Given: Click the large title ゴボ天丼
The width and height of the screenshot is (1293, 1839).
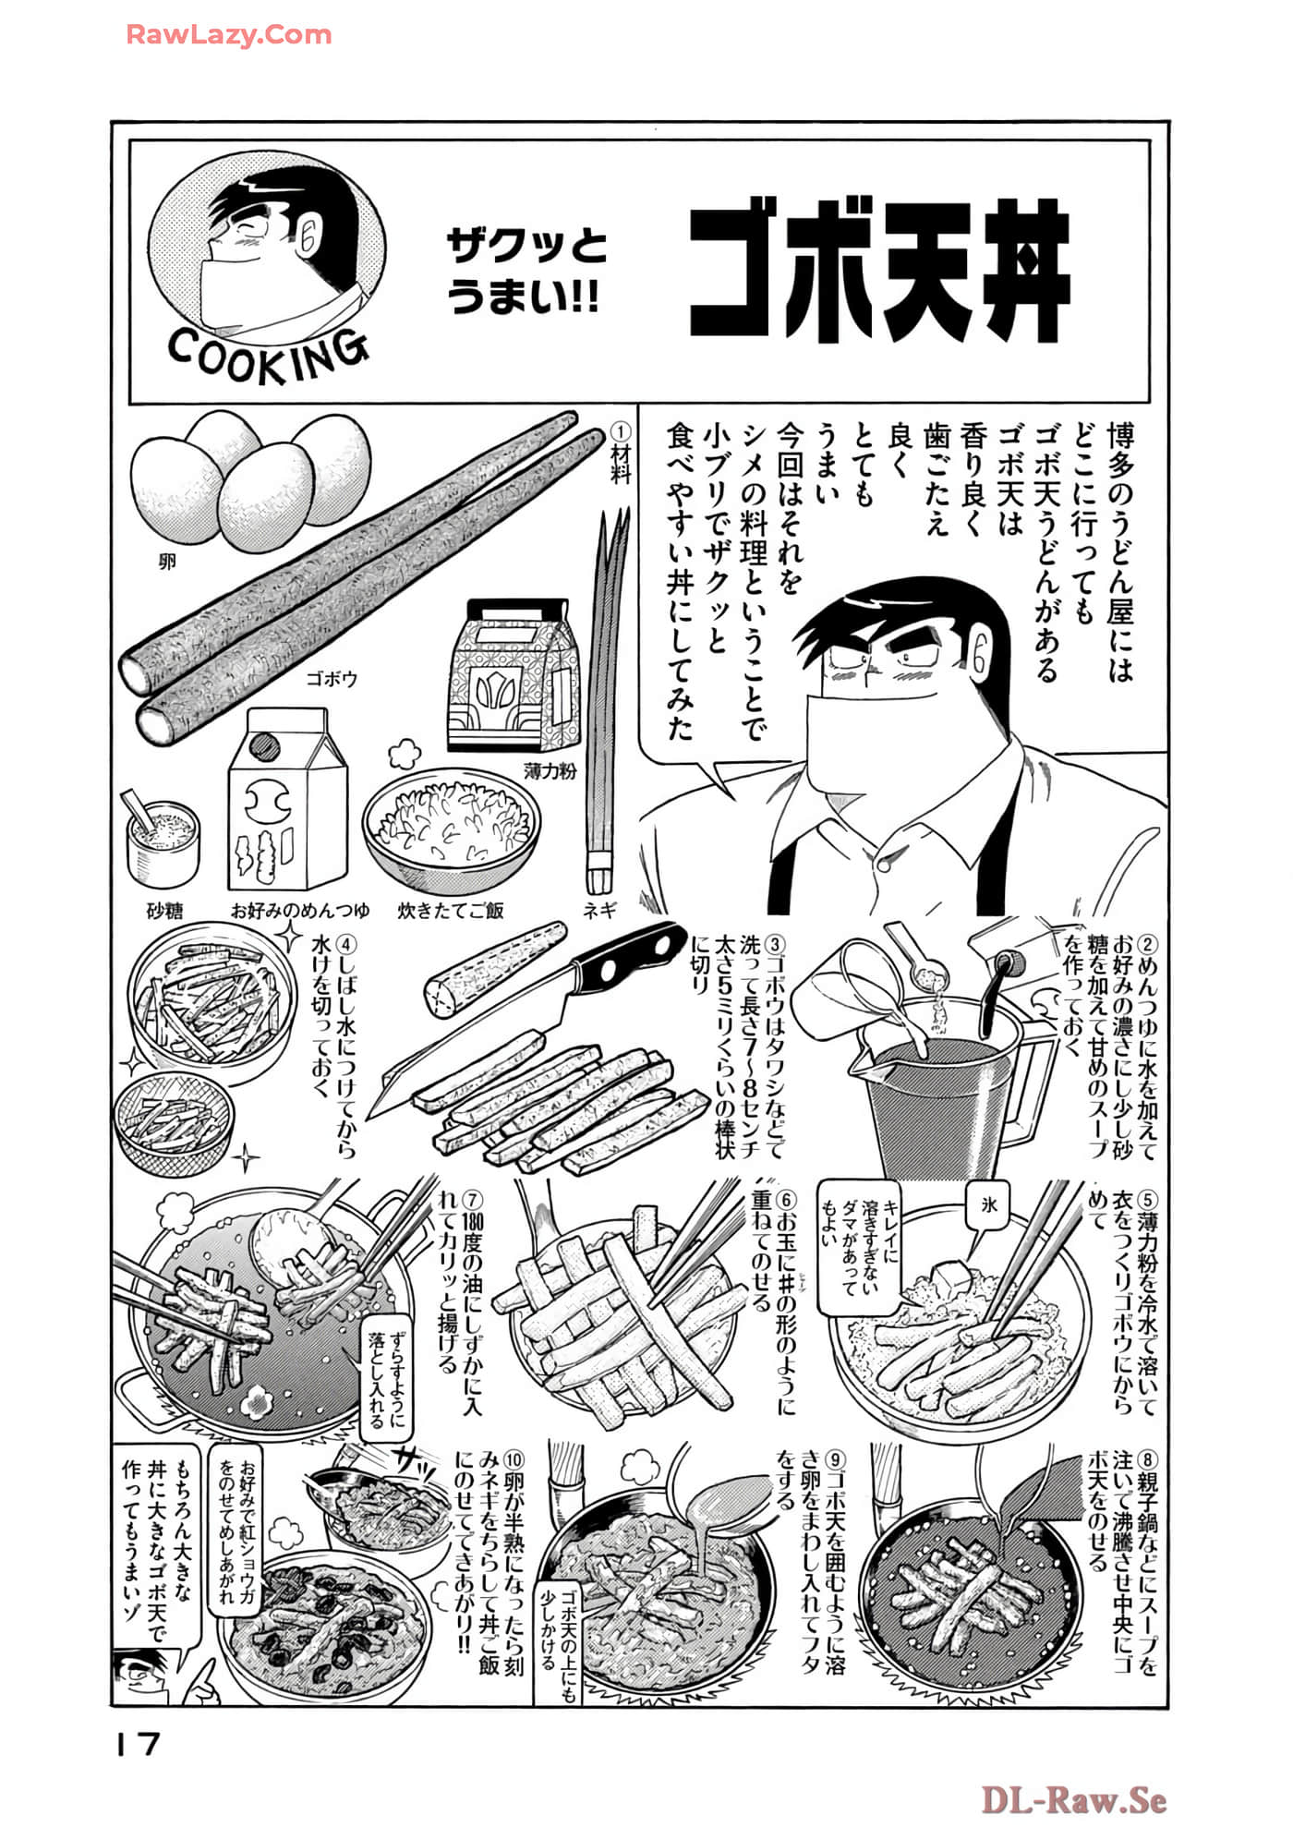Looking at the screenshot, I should click(879, 273).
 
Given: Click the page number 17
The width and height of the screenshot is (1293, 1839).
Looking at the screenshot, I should click(138, 1744).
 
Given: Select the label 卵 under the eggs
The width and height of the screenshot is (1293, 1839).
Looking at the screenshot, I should click(167, 562).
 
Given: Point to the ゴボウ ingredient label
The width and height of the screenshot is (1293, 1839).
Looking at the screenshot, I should click(332, 679).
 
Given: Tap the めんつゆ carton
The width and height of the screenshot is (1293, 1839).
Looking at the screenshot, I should click(286, 800).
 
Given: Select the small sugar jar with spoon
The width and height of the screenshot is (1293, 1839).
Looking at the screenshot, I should click(163, 841).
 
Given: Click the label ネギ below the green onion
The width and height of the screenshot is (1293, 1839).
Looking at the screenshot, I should click(598, 910).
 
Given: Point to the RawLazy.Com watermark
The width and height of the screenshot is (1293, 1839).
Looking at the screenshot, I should click(228, 35).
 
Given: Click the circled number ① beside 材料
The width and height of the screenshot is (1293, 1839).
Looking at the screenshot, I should click(621, 432).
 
